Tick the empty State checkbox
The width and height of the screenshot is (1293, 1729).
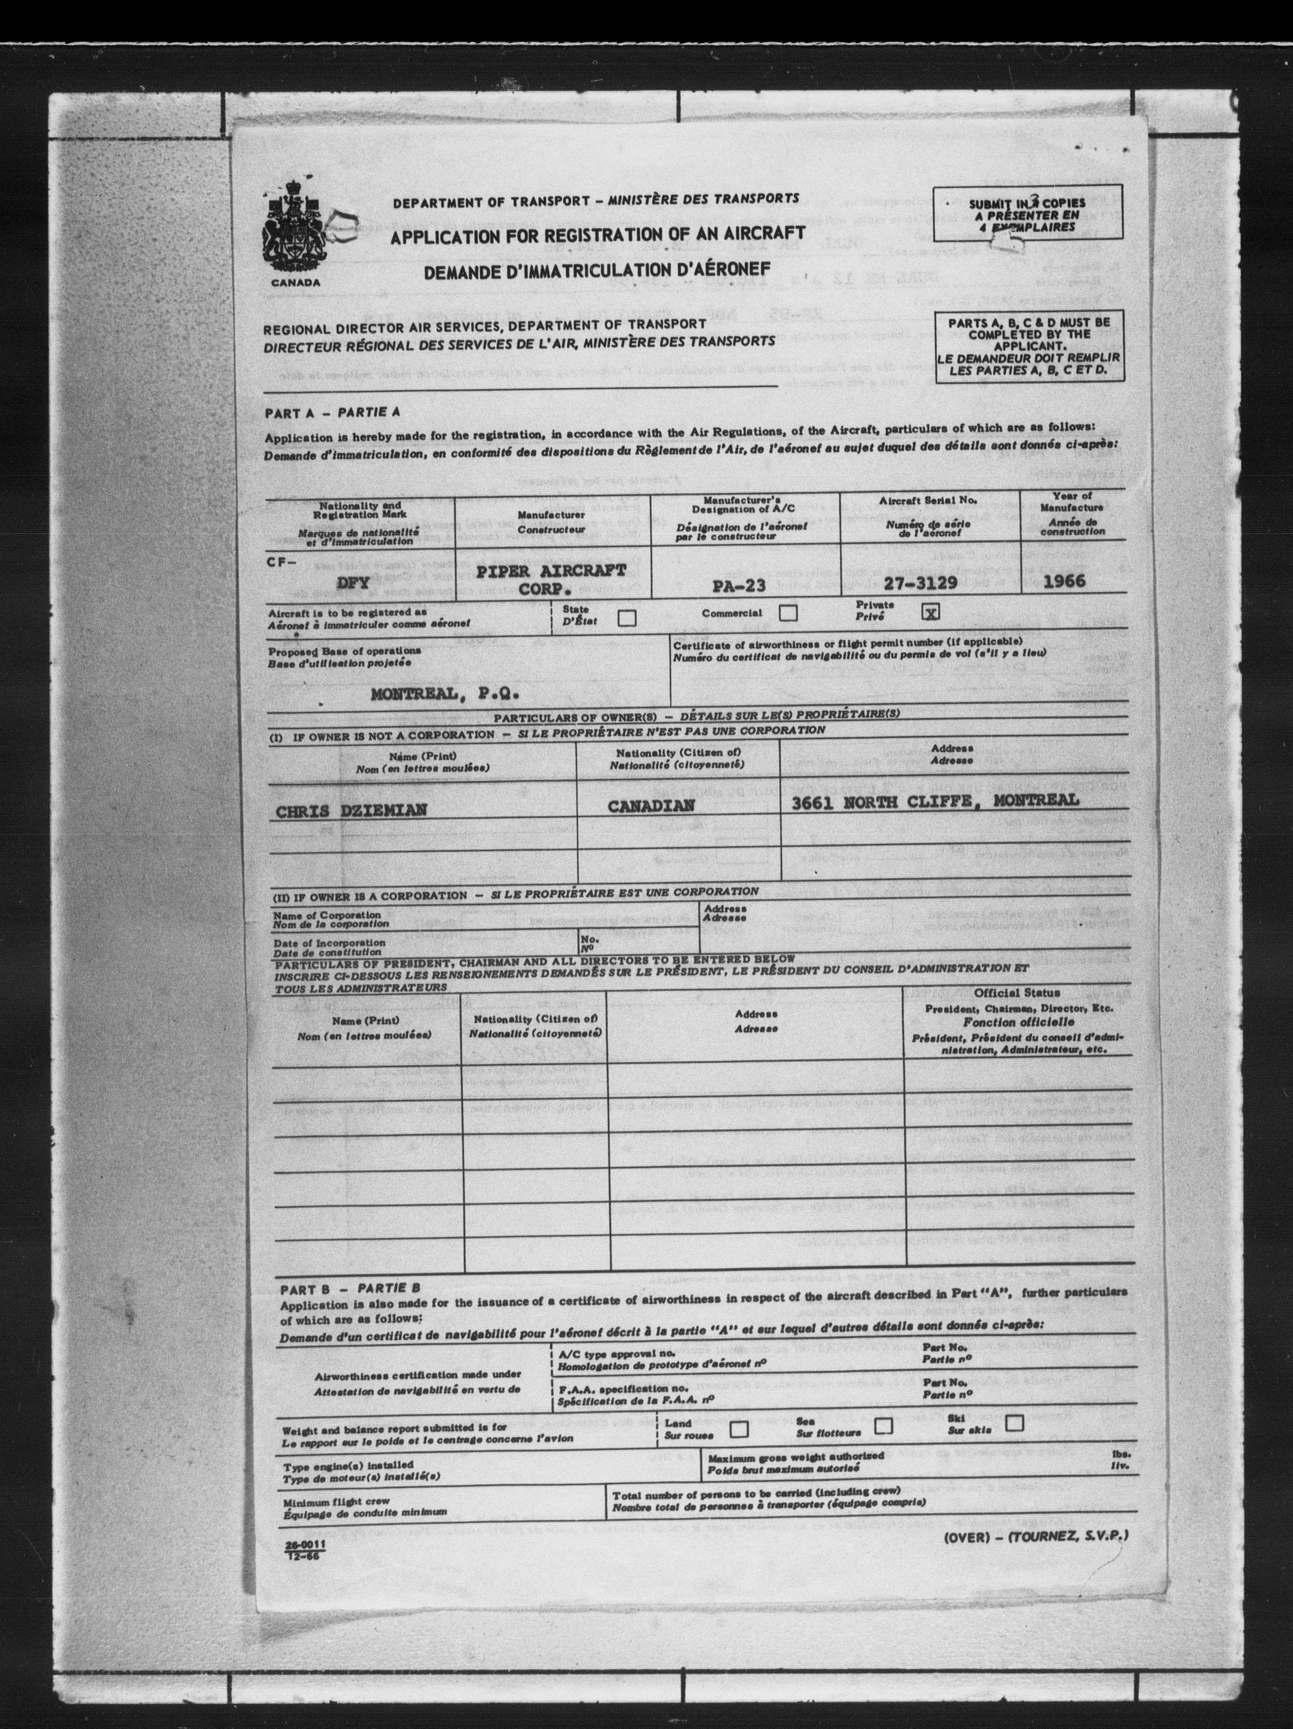coord(626,618)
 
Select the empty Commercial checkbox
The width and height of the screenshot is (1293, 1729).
coord(789,613)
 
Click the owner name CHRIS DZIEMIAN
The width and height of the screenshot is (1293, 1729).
coord(351,810)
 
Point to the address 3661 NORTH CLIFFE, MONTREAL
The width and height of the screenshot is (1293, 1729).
coord(935,800)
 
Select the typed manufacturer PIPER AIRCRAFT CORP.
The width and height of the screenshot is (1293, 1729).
coord(551,579)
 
